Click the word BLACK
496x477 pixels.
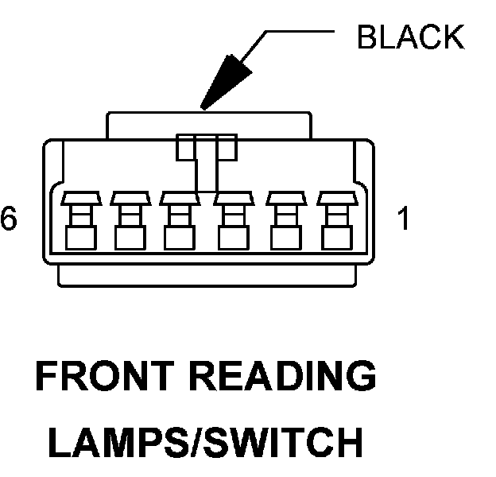point(410,37)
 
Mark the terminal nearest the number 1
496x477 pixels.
point(334,219)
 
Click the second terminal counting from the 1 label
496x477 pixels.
point(283,219)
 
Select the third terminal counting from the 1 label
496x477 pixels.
point(232,219)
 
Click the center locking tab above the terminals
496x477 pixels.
point(207,148)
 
